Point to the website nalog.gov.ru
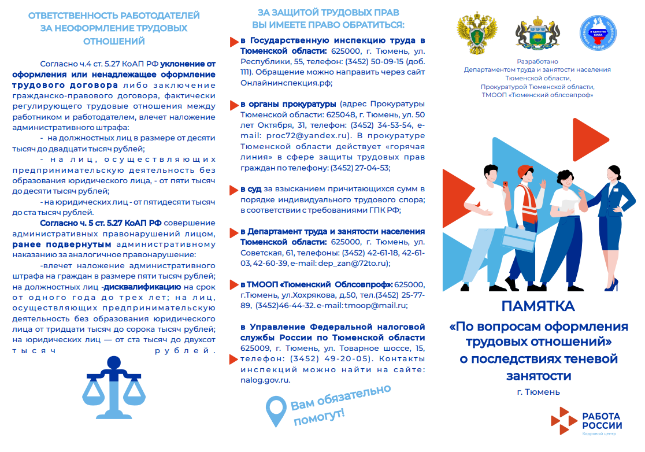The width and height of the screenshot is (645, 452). pyautogui.click(x=265, y=380)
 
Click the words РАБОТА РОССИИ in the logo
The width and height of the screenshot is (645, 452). pyautogui.click(x=600, y=420)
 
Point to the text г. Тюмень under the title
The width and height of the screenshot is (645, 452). pyautogui.click(x=538, y=392)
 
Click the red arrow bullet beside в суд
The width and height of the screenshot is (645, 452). pyautogui.click(x=233, y=190)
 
